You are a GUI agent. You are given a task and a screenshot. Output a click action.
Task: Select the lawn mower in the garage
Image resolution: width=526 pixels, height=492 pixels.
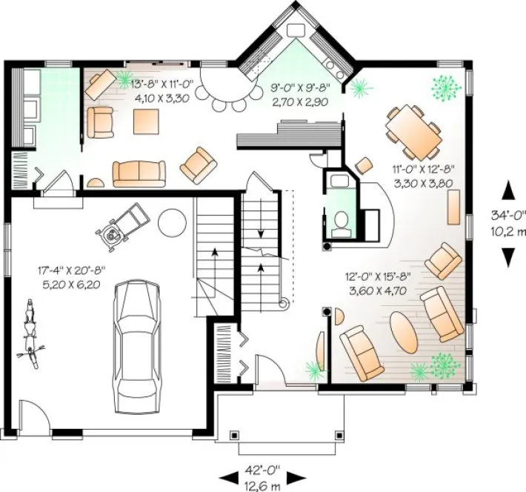tap(123, 225)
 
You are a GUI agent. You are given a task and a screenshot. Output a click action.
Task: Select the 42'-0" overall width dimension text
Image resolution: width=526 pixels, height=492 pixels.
tap(265, 469)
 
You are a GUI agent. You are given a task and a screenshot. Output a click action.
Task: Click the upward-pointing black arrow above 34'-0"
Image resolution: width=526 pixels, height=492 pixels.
tap(509, 191)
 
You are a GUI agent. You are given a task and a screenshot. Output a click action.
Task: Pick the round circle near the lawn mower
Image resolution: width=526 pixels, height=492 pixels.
tap(173, 221)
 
